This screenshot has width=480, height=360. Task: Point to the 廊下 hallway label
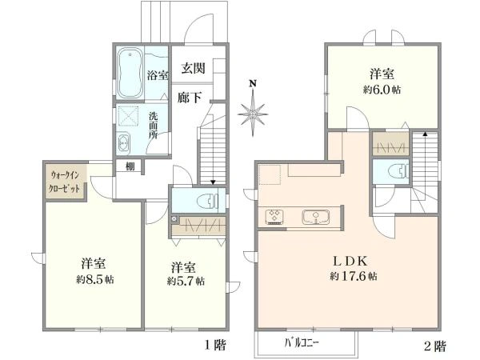pyautogui.click(x=189, y=97)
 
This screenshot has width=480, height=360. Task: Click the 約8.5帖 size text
pyautogui.click(x=94, y=280)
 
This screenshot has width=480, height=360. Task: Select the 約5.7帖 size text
pyautogui.click(x=186, y=282)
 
